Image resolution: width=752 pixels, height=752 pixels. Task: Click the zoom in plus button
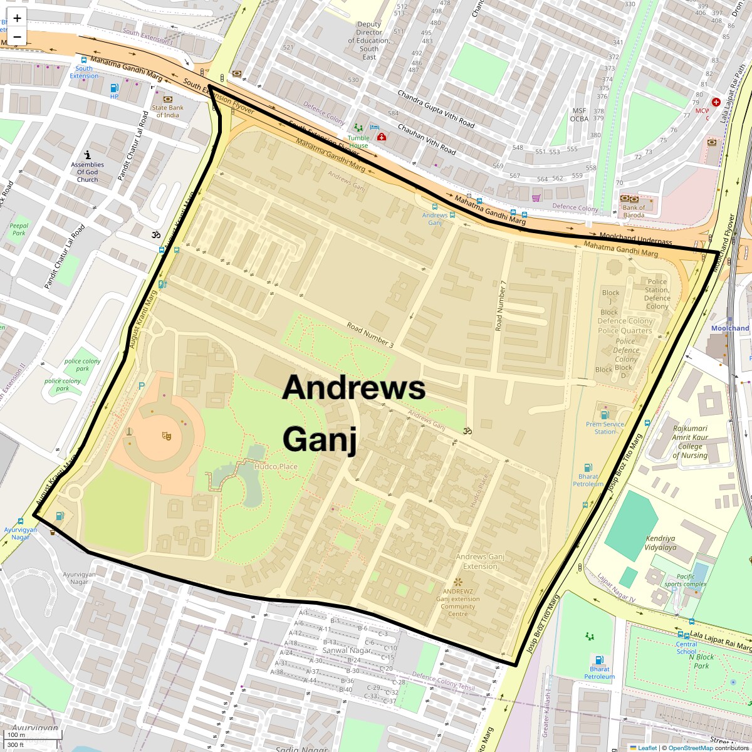point(17,18)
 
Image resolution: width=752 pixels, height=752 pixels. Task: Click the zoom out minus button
point(17,37)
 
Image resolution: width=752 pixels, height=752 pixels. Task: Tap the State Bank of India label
point(168,112)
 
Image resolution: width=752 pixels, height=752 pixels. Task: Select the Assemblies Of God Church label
point(88,172)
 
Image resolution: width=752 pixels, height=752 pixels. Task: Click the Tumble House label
point(358,142)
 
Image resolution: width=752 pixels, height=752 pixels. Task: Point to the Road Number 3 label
point(370,335)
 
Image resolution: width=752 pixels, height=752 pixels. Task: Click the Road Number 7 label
point(499,305)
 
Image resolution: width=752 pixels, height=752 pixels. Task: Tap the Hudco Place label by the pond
point(276,466)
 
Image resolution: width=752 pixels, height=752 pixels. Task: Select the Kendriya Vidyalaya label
point(661,543)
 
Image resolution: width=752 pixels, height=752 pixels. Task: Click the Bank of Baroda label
point(634,211)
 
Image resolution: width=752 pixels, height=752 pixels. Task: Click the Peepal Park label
point(19,229)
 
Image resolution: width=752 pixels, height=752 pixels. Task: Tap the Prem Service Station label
point(605,427)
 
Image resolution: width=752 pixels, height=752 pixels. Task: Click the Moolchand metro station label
point(730,328)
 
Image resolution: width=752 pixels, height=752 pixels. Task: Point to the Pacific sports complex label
point(686,580)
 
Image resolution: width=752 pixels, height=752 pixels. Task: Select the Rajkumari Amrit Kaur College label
point(690,442)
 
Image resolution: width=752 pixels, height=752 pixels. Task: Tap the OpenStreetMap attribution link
point(689,748)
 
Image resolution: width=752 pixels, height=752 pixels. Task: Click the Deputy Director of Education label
point(369,41)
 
